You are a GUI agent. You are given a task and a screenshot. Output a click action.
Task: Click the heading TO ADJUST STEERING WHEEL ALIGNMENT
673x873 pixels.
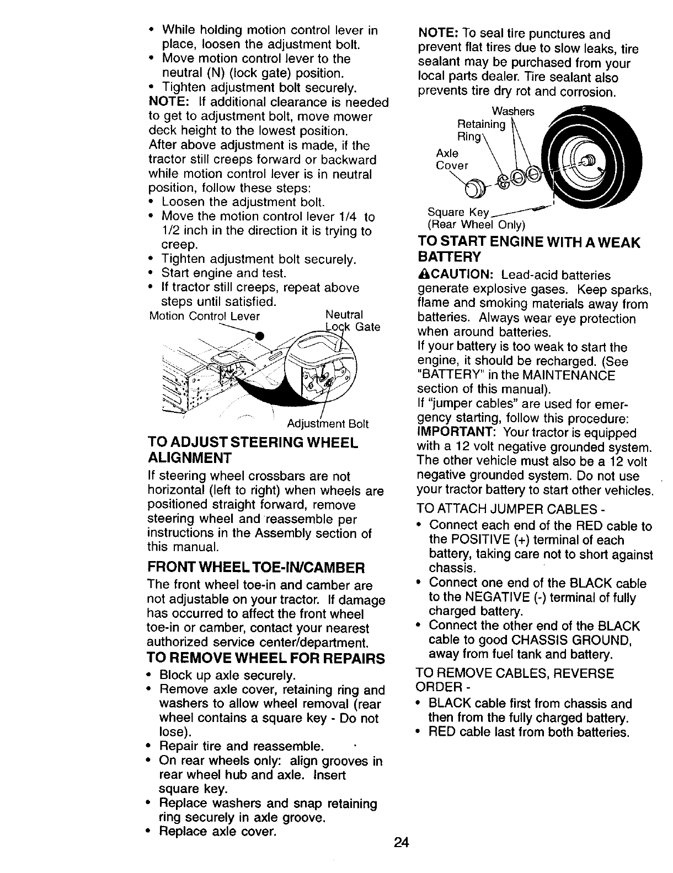click(x=253, y=450)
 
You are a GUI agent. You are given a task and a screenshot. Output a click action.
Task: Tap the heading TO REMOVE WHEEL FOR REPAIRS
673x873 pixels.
click(x=265, y=659)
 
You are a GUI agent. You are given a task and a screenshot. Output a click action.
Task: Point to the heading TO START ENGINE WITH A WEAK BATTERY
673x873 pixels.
click(x=528, y=249)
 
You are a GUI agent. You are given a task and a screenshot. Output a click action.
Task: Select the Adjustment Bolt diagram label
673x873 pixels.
click(x=328, y=424)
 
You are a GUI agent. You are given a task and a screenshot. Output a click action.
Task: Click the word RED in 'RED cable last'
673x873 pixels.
click(x=442, y=732)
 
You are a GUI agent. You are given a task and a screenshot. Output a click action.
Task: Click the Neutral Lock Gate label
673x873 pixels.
click(x=352, y=321)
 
